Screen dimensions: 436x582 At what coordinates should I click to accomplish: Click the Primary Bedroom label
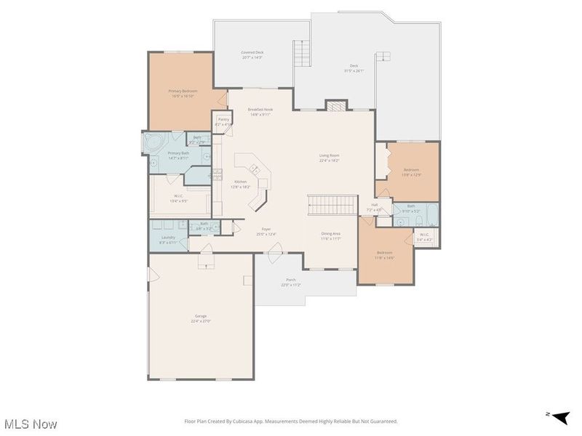pos(183,92)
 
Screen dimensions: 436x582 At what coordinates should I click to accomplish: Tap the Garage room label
pos(201,318)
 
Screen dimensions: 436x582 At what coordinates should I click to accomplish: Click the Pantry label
pos(223,121)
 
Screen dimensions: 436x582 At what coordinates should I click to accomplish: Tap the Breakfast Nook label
pos(260,110)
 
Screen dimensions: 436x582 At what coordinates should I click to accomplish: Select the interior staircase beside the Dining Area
pos(332,206)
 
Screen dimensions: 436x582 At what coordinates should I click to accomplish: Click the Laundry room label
pos(167,239)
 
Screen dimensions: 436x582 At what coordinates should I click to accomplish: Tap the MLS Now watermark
pos(31,423)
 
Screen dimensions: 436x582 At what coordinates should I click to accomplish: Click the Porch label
pos(291,280)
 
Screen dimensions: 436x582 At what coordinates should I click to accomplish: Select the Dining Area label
pos(331,235)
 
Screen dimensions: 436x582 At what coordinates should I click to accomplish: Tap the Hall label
pos(375,207)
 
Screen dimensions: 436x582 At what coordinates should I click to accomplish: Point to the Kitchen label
pos(240,183)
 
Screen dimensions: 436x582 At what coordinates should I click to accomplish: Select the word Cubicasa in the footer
pos(279,421)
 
